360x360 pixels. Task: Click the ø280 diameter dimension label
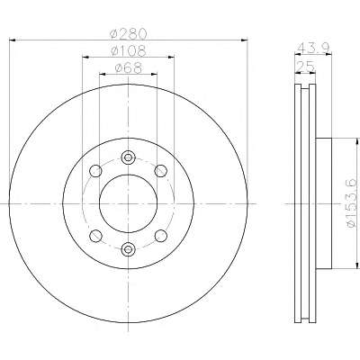point(128,33)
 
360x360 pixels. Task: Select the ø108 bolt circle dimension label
point(128,51)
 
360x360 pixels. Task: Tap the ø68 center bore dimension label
point(128,68)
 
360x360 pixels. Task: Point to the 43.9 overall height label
point(314,48)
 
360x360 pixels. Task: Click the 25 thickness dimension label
point(305,67)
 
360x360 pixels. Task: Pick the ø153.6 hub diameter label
point(352,203)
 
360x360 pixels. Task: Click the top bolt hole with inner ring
point(128,157)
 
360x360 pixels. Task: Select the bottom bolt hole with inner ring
point(128,249)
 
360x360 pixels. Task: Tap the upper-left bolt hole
point(95,171)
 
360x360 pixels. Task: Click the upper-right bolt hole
point(160,171)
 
